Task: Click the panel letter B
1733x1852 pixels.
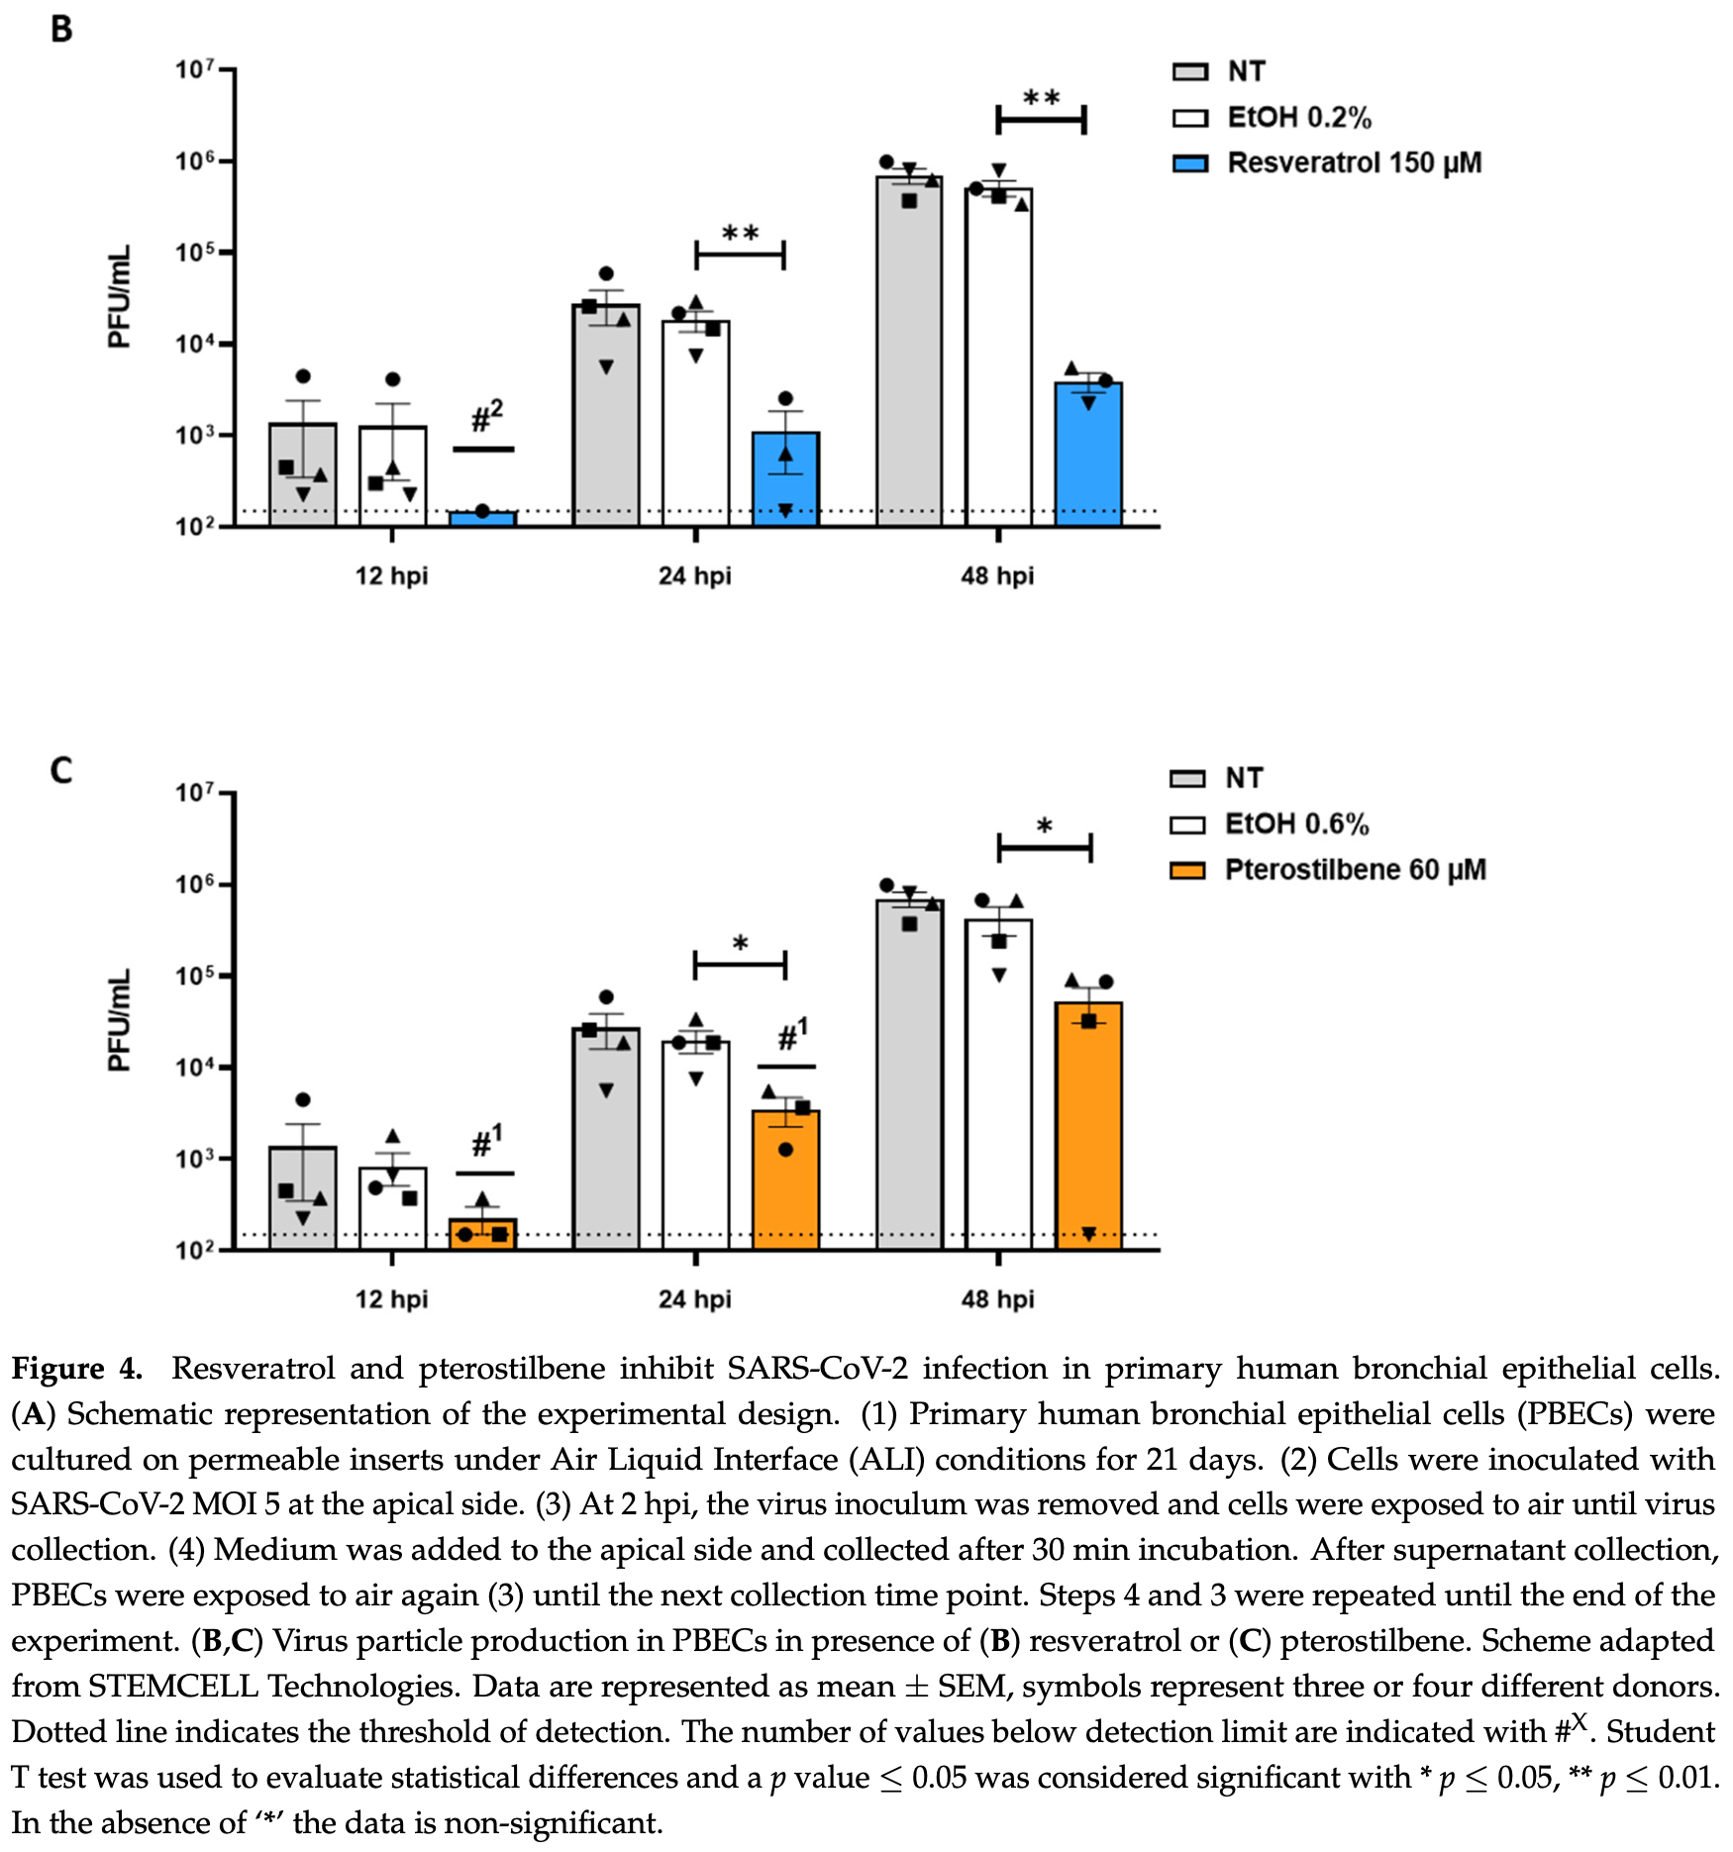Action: pyautogui.click(x=61, y=29)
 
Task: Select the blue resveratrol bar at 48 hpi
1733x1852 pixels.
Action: pyautogui.click(x=1087, y=456)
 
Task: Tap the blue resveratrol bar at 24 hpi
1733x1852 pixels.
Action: pyautogui.click(x=785, y=480)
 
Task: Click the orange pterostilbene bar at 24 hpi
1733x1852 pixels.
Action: pyautogui.click(x=785, y=1179)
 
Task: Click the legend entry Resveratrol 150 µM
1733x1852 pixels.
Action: pyautogui.click(x=1353, y=162)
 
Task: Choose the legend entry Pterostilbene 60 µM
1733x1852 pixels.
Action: pyautogui.click(x=1354, y=870)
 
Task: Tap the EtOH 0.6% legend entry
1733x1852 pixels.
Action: pyautogui.click(x=1295, y=824)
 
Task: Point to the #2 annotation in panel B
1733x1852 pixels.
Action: pyautogui.click(x=486, y=417)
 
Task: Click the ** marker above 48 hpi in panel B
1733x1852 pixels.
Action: pyautogui.click(x=1041, y=98)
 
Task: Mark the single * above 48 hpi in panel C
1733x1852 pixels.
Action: pyautogui.click(x=1044, y=826)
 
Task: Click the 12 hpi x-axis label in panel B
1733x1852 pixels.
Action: pyautogui.click(x=391, y=575)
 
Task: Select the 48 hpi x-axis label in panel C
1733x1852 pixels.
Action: pyautogui.click(x=997, y=1298)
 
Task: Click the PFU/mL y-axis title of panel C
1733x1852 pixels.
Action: pyautogui.click(x=119, y=1021)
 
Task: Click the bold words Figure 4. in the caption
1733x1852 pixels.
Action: pyautogui.click(x=77, y=1369)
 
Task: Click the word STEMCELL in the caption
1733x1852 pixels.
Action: pyautogui.click(x=173, y=1687)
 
